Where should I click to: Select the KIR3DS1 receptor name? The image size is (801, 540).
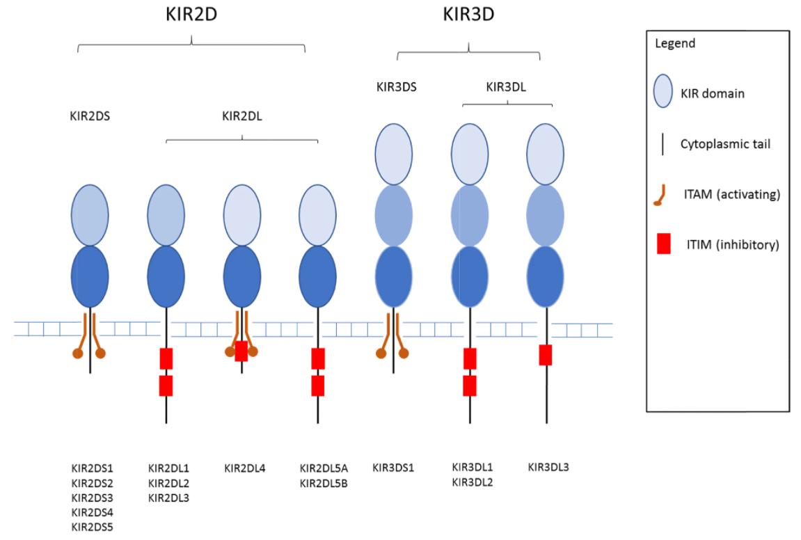coord(393,468)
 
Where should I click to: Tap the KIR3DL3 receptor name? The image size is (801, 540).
coord(548,468)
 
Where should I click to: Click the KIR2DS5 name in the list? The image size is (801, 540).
coord(90,527)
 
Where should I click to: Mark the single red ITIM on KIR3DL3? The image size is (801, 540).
coord(546,355)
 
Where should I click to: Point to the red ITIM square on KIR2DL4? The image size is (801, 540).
coord(241,351)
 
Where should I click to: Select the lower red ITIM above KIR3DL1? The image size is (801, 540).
coord(470,385)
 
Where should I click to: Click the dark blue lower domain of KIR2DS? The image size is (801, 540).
coord(90,275)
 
